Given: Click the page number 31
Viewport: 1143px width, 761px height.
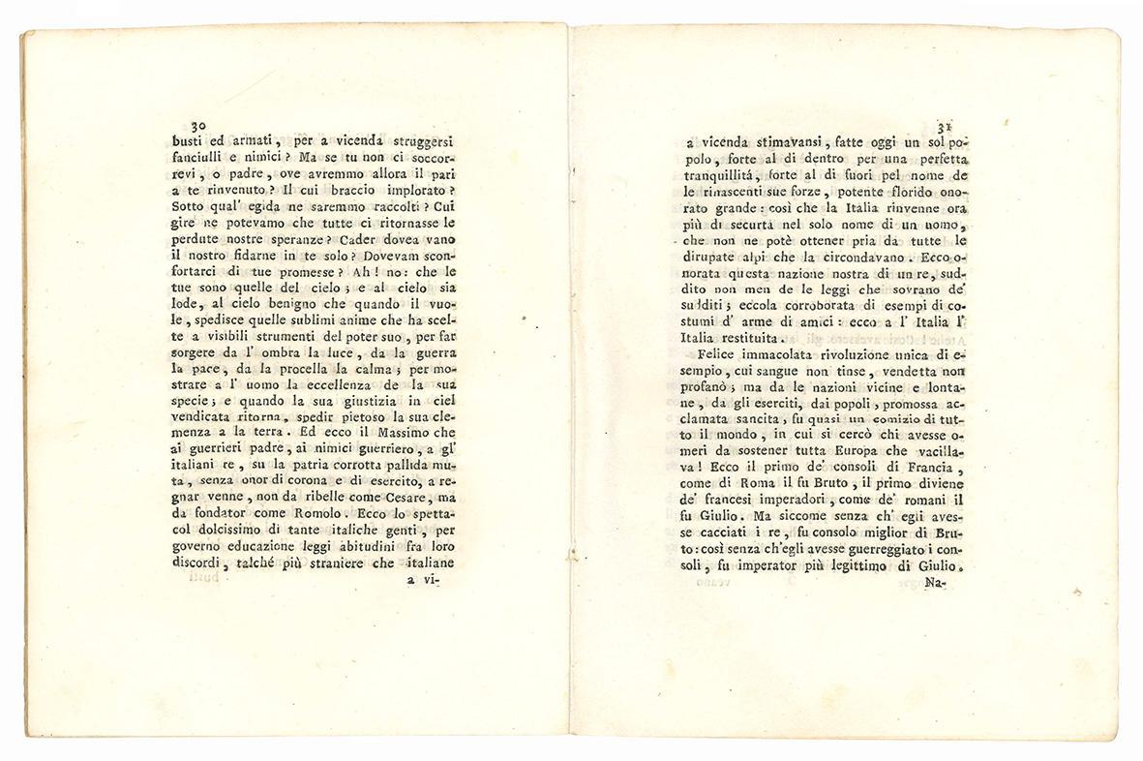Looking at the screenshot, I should click(x=947, y=126).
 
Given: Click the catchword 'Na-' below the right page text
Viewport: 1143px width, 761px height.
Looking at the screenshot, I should click(x=934, y=584).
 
